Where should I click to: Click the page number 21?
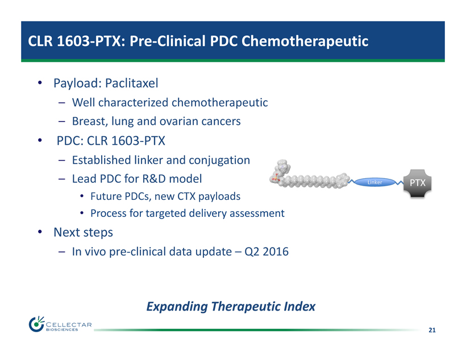pos(432,330)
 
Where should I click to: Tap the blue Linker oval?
pos(375,182)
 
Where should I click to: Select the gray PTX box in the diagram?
pos(417,183)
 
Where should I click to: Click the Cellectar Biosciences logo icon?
pos(36,324)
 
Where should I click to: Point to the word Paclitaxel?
pos(132,83)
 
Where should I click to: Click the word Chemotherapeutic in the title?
pos(305,41)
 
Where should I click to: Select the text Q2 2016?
pos(267,252)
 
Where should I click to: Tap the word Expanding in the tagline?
pos(177,307)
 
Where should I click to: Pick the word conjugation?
pos(219,160)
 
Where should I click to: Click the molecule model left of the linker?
pos(310,176)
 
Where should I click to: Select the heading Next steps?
pos(83,232)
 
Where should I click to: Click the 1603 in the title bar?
pos(73,41)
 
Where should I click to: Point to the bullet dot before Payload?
pos(40,82)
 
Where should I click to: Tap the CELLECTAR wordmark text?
pos(69,325)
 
